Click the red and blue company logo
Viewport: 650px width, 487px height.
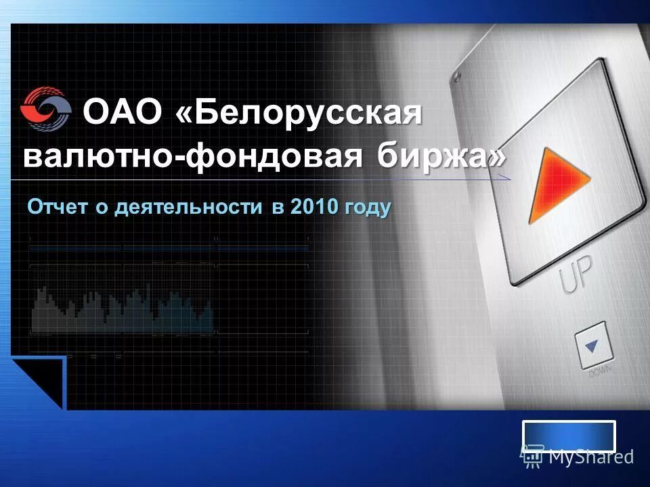[x=45, y=110]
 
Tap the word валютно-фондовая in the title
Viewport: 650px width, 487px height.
[x=191, y=157]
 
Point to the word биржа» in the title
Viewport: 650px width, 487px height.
[x=441, y=157]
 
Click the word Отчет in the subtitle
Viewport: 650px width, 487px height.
[x=58, y=207]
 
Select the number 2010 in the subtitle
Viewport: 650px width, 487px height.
[x=313, y=207]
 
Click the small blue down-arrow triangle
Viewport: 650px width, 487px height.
[x=592, y=346]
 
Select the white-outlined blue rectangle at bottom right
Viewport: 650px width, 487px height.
[x=569, y=436]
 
